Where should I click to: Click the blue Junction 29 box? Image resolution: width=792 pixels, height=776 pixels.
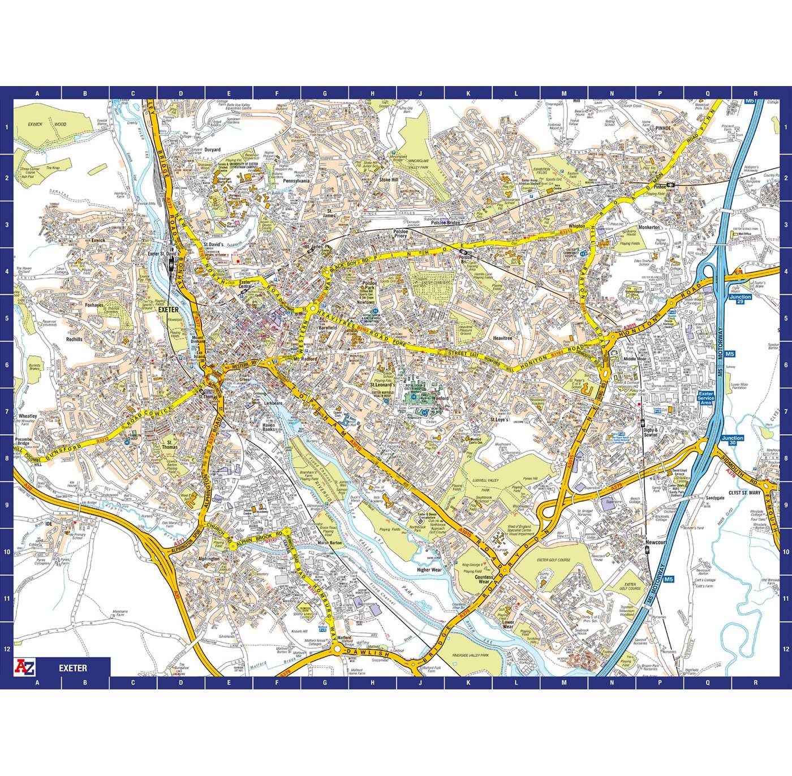pos(741,300)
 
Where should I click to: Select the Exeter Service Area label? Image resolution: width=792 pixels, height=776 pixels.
pos(707,398)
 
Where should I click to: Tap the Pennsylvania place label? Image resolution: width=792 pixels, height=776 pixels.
pos(296,181)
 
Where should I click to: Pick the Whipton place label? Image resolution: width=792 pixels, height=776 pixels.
pos(577,226)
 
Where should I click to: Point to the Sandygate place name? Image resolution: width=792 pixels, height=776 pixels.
pos(714,499)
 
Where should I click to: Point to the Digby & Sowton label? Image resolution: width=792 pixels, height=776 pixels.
pos(651,432)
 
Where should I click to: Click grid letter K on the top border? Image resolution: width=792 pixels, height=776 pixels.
pos(468,95)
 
